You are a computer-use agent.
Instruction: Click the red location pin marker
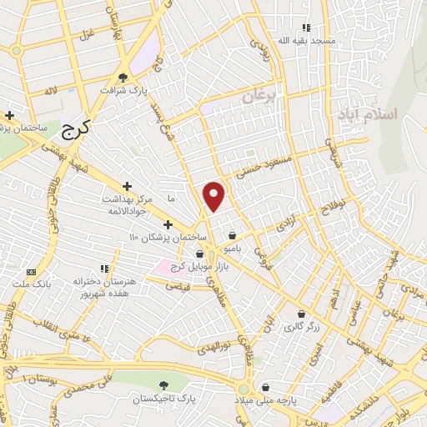(215, 196)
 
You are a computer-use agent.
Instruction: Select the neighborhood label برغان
(259, 97)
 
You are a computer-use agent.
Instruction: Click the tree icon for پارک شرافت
(124, 76)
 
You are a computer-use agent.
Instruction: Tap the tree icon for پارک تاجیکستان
(164, 386)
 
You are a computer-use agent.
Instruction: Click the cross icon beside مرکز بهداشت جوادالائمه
(127, 186)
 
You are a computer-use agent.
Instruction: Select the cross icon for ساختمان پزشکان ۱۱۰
(168, 224)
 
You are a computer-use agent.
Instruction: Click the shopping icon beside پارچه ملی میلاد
(265, 387)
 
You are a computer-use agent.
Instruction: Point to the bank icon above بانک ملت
(32, 272)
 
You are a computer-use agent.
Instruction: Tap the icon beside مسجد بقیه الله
(306, 28)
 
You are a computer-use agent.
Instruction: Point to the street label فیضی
(178, 285)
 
